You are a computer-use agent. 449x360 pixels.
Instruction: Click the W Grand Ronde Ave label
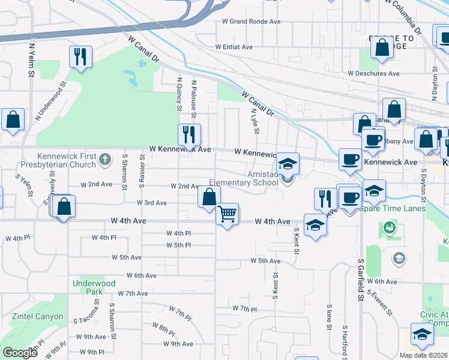pyautogui.click(x=252, y=22)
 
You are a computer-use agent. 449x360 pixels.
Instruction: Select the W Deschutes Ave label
pyautogui.click(x=373, y=74)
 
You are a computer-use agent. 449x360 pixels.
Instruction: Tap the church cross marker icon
pyautogui.click(x=105, y=159)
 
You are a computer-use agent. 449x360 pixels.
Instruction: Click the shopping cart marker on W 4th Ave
pyautogui.click(x=227, y=214)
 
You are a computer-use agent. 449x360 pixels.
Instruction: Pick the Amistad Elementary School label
pyautogui.click(x=244, y=178)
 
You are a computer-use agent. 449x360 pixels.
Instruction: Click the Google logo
pyautogui.click(x=20, y=353)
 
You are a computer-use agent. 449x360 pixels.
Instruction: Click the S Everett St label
pyautogui.click(x=382, y=304)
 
